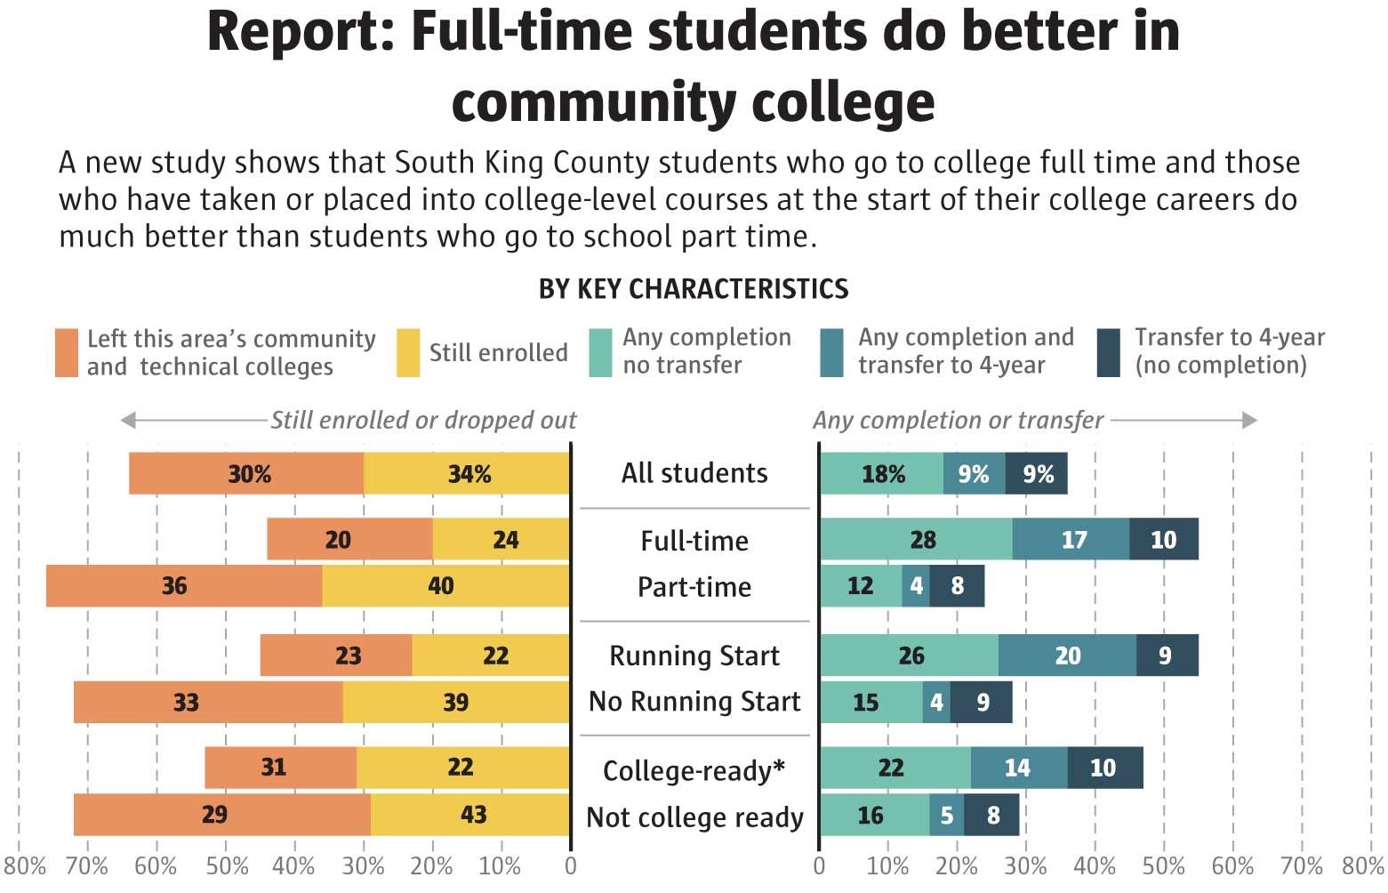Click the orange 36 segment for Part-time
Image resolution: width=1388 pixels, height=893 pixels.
(x=184, y=586)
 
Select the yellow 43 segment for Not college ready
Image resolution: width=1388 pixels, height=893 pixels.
(x=470, y=815)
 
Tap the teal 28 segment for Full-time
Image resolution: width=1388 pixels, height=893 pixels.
(x=916, y=539)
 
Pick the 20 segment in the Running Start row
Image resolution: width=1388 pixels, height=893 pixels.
(x=1067, y=656)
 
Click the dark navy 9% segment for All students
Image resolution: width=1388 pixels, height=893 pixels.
(x=1037, y=473)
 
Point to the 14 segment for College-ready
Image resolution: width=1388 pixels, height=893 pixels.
(x=1018, y=768)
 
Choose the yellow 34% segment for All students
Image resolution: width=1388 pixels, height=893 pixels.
(x=467, y=473)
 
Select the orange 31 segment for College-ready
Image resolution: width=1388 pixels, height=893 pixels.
(x=280, y=768)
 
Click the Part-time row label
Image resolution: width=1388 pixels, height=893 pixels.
(x=694, y=587)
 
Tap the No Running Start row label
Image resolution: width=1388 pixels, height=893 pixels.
(x=694, y=702)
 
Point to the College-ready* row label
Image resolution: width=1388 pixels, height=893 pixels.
(x=694, y=770)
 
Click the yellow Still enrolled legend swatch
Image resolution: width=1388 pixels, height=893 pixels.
(x=408, y=353)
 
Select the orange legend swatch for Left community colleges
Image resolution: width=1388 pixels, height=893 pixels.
(x=67, y=353)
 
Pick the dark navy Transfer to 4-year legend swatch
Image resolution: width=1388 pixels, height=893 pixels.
(x=1109, y=353)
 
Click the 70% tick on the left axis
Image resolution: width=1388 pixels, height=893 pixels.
(x=87, y=865)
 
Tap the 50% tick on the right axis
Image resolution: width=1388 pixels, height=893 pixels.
(x=1164, y=865)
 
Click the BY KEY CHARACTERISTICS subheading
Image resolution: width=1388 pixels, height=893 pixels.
(x=694, y=289)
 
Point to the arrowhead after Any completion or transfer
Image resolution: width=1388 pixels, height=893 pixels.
(x=1249, y=420)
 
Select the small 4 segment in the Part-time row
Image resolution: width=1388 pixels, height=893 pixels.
(x=916, y=586)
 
